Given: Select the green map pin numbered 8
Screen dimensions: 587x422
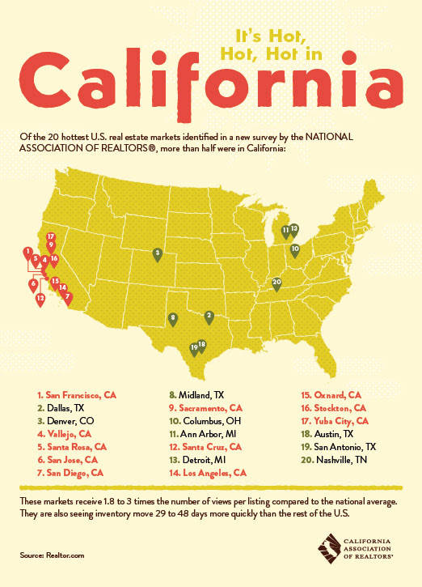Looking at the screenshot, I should (173, 319).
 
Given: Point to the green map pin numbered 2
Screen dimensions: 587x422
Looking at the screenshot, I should (209, 316).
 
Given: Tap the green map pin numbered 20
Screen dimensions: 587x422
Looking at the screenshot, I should (276, 283).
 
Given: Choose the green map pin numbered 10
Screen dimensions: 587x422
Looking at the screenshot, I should (295, 250).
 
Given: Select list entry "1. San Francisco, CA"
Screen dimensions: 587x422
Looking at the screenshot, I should (77, 395).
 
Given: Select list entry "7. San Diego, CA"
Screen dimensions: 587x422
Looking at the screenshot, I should (71, 471).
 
